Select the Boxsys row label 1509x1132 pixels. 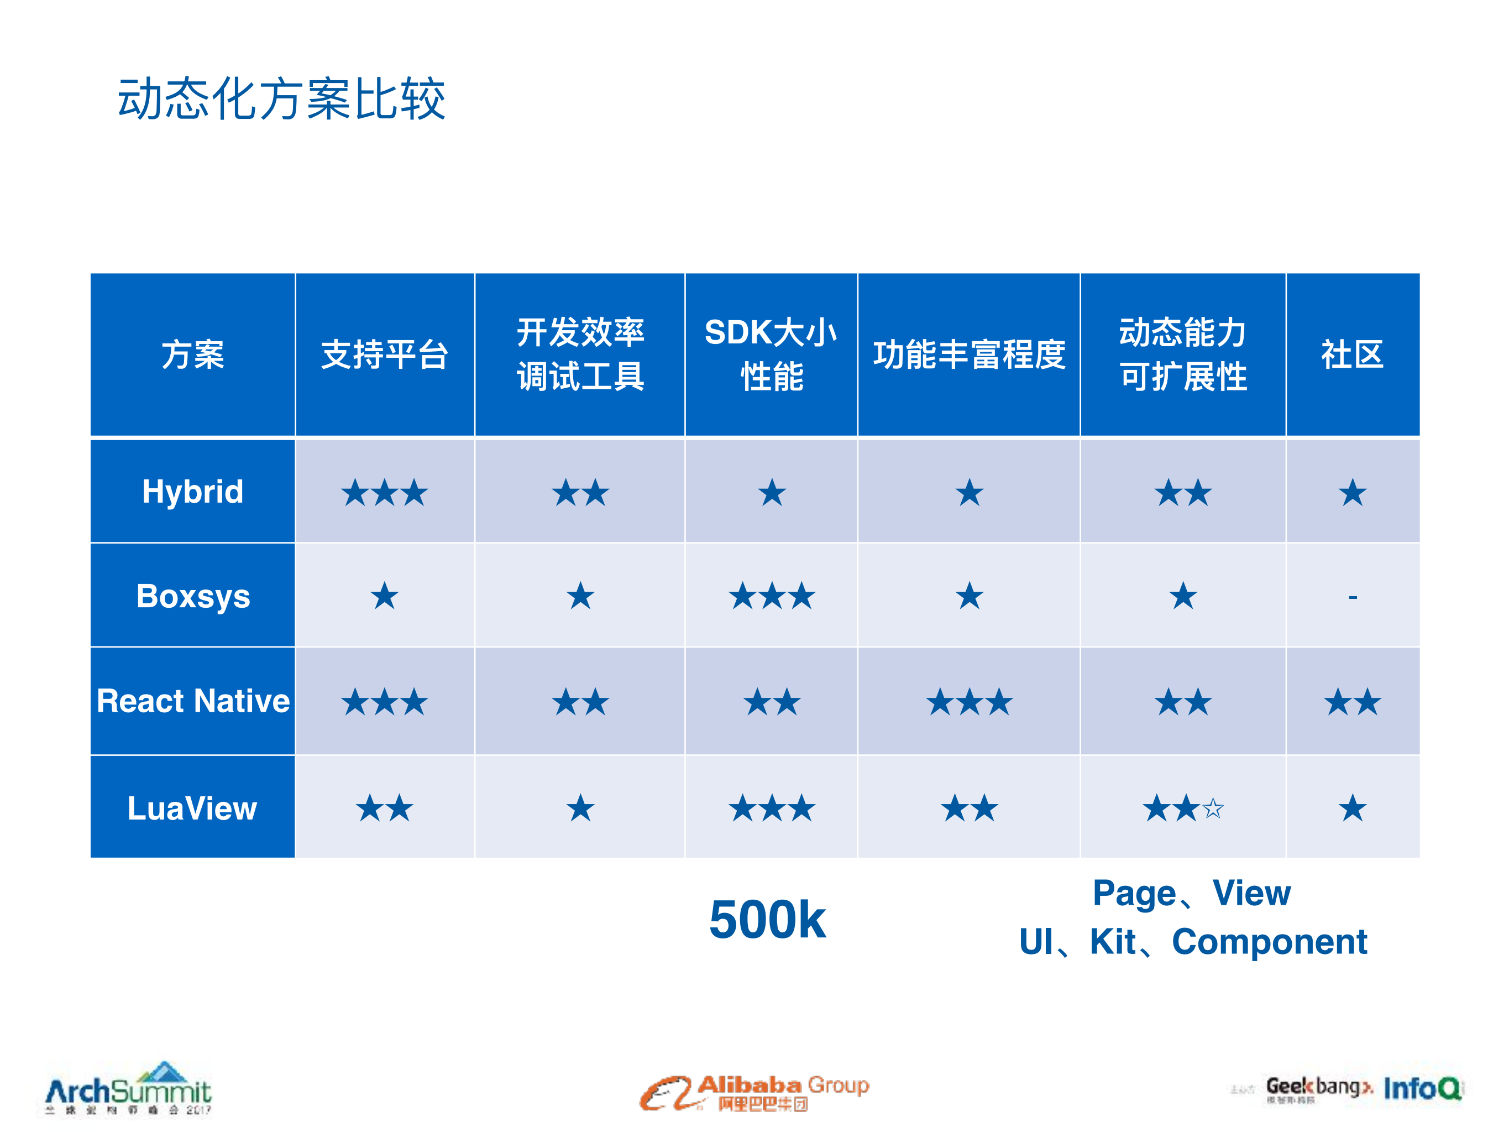coord(192,596)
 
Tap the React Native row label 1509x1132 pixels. coord(192,701)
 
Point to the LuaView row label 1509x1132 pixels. coord(192,808)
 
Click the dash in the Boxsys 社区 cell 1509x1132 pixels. coord(1353,598)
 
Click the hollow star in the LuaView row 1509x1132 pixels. coord(1213,809)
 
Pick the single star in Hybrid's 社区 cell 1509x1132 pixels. coord(1352,493)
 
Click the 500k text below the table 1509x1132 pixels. coord(767,920)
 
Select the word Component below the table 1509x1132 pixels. coord(1269,942)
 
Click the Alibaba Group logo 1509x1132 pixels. coord(754,1092)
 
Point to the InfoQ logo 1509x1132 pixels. coord(1422,1088)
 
